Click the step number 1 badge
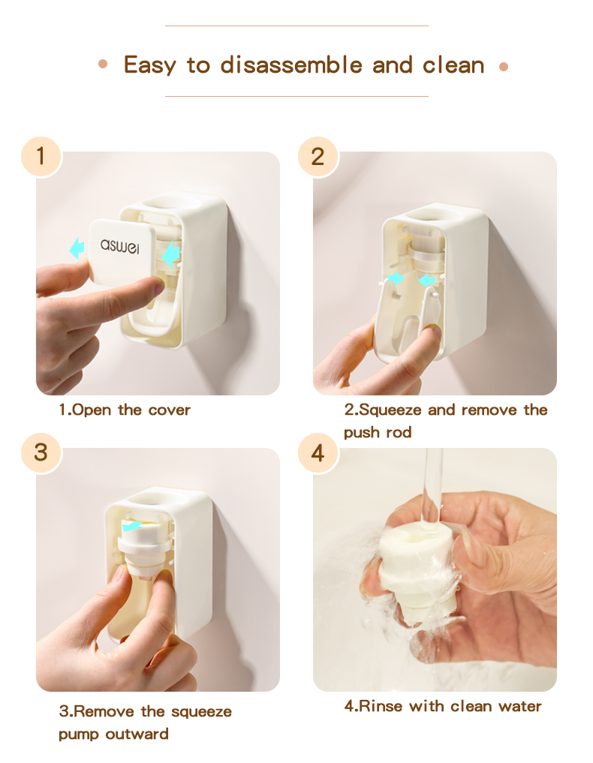41,157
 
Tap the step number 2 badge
318,157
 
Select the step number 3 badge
41,452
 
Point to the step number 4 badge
318,452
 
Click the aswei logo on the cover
120,246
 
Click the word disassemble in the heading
291,65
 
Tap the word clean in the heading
453,66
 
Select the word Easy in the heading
149,66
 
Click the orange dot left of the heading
103,64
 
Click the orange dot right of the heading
504,67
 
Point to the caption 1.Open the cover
125,410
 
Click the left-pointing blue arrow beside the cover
77,248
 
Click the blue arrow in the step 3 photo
132,527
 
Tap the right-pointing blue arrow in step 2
396,278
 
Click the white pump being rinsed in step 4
418,574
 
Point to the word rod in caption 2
399,433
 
